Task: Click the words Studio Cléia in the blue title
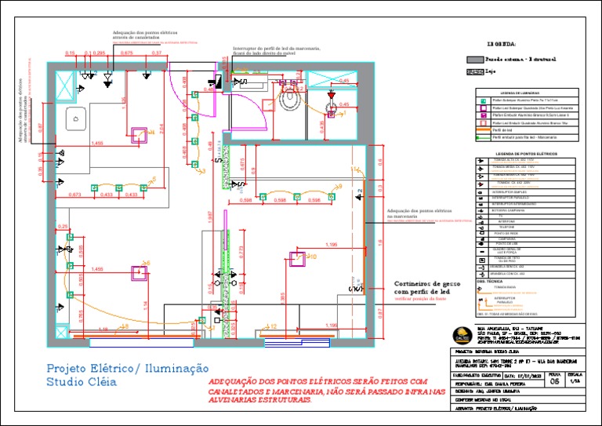[x=81, y=383]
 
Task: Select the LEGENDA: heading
[x=502, y=44]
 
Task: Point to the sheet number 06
[x=555, y=383]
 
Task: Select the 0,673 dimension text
[x=75, y=194]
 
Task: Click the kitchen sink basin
[x=77, y=119]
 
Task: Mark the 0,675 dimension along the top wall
[x=127, y=53]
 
